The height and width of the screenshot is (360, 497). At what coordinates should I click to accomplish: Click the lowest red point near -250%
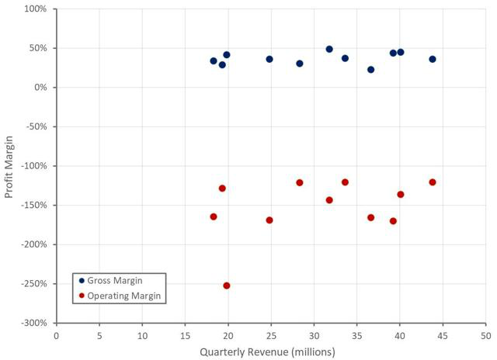(227, 286)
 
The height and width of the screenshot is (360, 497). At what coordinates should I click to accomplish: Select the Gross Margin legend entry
(114, 280)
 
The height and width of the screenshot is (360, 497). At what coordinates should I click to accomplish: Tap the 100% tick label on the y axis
(35, 9)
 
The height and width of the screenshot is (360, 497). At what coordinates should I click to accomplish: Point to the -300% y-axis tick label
(33, 323)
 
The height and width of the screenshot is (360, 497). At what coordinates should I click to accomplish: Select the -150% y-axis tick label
(33, 206)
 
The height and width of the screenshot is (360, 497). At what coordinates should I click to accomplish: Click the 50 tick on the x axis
(485, 335)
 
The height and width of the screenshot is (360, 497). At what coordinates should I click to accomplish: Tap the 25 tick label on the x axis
(270, 335)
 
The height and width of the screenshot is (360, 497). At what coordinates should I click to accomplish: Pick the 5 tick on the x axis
(99, 335)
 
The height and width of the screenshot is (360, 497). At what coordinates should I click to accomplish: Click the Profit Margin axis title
(10, 166)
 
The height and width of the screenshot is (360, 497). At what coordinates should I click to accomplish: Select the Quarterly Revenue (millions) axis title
(267, 351)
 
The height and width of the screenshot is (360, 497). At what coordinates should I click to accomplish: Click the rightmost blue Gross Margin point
(433, 59)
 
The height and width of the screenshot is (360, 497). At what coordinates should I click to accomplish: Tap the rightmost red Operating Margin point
(433, 182)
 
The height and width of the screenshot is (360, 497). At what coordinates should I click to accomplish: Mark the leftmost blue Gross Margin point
(214, 61)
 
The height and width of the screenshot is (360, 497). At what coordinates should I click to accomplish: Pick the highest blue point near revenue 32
(329, 49)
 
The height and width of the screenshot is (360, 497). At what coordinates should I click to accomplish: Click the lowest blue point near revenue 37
(371, 70)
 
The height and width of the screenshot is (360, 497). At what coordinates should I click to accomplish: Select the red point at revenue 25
(269, 220)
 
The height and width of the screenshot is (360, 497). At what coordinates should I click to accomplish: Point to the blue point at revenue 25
(269, 59)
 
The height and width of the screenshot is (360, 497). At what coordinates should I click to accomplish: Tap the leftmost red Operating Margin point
(214, 216)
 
